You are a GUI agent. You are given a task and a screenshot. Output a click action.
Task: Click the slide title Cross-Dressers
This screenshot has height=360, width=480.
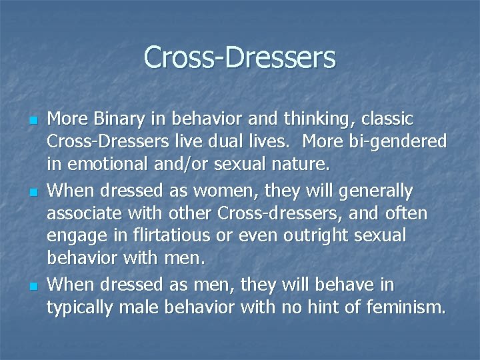tap(239, 57)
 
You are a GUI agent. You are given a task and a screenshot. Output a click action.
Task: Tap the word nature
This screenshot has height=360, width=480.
tap(294, 163)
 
